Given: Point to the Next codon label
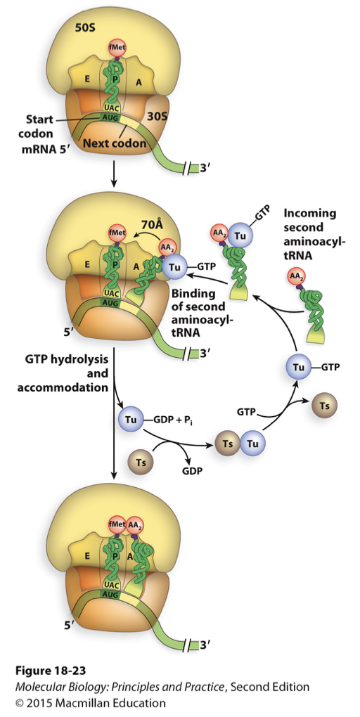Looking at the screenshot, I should tap(115, 144).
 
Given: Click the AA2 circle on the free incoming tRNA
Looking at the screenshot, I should tap(297, 276).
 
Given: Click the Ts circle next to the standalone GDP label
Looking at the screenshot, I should tap(139, 462).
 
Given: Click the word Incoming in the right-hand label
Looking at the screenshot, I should tap(310, 213).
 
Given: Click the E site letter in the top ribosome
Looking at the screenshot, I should tap(87, 79).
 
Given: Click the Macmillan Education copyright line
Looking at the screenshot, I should tap(84, 702).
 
